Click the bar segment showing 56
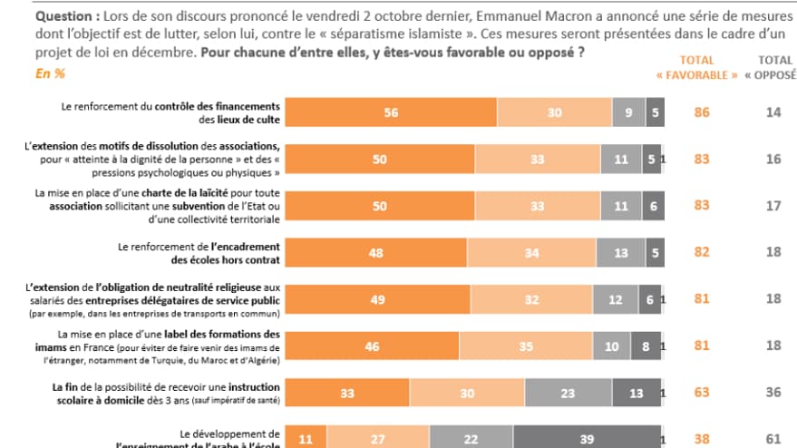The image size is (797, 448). [x=391, y=112]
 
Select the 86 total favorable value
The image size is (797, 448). [x=701, y=112]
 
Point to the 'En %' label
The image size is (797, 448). [x=49, y=74]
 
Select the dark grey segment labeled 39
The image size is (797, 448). [x=588, y=439]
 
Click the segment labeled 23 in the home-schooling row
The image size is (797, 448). [x=569, y=394]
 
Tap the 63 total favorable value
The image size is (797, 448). [x=701, y=394]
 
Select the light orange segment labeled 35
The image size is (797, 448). [x=527, y=346]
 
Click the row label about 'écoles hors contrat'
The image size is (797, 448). [x=199, y=252]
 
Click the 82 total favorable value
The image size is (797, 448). [x=701, y=253]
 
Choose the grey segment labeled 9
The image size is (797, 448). [x=628, y=112]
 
